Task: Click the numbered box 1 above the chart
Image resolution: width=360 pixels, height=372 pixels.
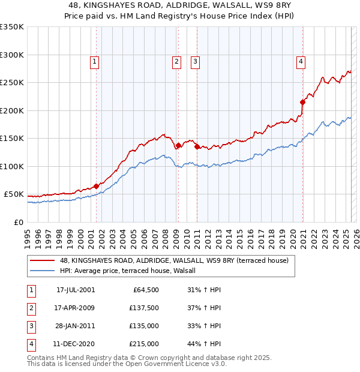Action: (95, 61)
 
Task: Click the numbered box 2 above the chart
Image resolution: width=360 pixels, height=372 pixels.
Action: (177, 61)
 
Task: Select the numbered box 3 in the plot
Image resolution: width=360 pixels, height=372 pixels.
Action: (196, 61)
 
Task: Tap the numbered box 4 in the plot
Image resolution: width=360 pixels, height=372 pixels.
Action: (301, 61)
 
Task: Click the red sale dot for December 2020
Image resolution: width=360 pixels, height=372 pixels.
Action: (302, 102)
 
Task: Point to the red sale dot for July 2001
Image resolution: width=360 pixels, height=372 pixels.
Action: (96, 186)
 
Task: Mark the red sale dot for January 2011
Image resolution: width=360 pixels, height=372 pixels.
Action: (197, 146)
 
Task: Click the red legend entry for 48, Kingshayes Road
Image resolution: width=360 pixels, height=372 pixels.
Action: (174, 260)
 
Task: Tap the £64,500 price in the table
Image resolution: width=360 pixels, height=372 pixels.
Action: (145, 290)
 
